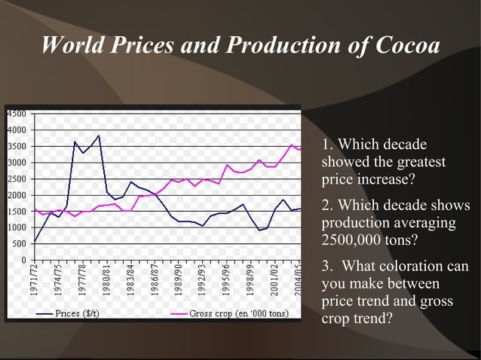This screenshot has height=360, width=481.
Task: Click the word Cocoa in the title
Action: pos(405,46)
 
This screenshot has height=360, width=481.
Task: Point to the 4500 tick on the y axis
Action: pos(17,114)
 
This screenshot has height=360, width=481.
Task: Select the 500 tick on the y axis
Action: pos(20,243)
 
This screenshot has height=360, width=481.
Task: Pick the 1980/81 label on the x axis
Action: pos(109,280)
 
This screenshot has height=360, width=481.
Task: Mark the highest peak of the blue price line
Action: pos(99,136)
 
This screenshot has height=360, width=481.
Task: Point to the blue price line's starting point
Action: pos(35,242)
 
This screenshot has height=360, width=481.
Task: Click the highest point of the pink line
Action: pos(293,145)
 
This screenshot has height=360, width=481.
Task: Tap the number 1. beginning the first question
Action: pos(327,144)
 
